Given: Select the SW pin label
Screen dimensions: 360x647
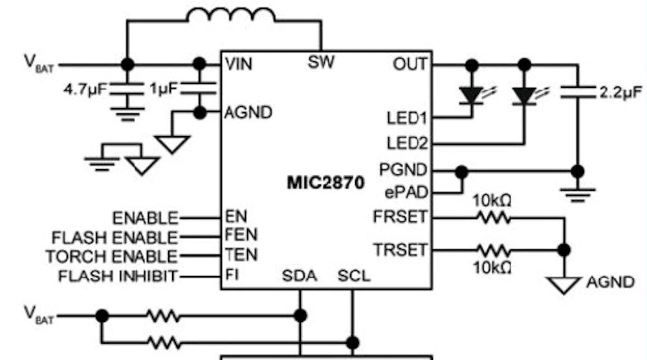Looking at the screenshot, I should coord(322,63).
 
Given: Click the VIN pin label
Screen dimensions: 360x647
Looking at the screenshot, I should coord(239,64).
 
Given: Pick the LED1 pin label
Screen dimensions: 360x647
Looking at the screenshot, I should coord(406,118).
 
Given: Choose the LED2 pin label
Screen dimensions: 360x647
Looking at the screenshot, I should coord(406,143).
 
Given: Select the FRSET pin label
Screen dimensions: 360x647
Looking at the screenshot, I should coord(400,216).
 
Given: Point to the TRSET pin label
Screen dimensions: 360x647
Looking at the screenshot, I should coord(400,249).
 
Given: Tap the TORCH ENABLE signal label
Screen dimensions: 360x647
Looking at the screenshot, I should coord(111,256).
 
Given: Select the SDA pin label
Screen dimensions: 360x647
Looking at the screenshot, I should coord(300,276).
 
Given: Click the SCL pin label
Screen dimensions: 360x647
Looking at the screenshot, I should coord(354,276).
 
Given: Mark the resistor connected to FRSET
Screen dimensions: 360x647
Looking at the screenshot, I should coord(494,218).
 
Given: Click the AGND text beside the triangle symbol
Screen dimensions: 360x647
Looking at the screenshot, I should coord(610,282).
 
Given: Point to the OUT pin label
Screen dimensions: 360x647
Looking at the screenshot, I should coord(410,64).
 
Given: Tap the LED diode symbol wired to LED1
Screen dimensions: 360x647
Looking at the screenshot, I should coord(472,95).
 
